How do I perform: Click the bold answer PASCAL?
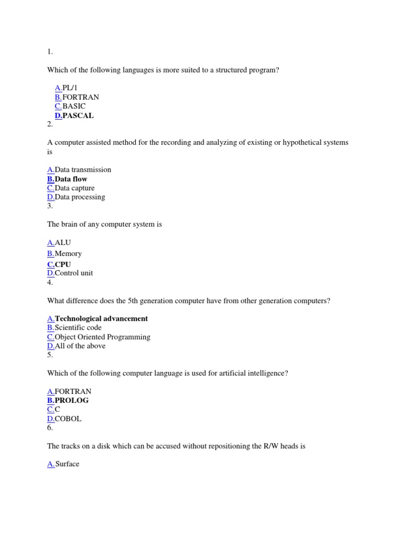78,115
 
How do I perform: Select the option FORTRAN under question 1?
80,97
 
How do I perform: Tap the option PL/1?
70,88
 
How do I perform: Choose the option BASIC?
74,106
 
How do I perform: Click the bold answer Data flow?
71,179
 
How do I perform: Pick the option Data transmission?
82,169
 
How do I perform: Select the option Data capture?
75,188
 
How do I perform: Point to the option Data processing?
80,197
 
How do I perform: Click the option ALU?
63,242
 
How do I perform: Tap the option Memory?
68,253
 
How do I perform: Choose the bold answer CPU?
63,264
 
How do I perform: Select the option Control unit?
74,273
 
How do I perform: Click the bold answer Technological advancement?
101,318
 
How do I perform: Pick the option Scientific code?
78,328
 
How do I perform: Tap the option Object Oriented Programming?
102,337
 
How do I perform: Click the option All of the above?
80,346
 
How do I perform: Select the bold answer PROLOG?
72,400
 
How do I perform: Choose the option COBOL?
68,418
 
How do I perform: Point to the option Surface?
67,463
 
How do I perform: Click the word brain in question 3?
70,224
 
